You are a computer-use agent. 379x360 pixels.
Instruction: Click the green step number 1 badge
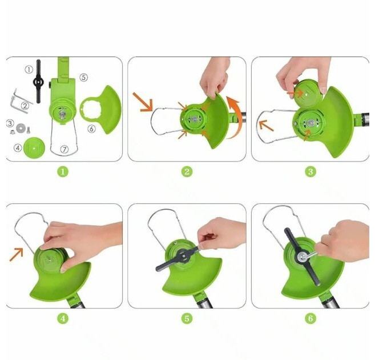63,172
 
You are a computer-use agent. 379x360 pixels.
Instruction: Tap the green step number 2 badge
187,172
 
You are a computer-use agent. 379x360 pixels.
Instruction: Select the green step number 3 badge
311,172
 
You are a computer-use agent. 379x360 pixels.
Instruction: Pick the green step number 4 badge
63,318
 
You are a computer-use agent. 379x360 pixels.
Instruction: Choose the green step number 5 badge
187,318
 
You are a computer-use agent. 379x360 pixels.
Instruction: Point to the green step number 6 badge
311,318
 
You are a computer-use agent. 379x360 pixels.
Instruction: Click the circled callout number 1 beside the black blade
29,70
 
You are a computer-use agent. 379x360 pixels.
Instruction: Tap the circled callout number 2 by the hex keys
25,106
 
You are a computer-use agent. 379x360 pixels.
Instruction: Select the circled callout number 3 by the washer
10,123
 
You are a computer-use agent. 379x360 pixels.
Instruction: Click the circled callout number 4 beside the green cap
18,148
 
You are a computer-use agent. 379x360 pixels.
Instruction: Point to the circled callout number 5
84,77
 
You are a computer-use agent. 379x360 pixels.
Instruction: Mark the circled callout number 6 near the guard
91,129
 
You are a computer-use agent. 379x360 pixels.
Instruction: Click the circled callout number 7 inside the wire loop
64,149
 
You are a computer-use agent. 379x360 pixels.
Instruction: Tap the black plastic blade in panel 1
38,82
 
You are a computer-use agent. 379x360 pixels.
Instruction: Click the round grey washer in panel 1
21,127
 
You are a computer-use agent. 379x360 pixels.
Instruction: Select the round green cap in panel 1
34,148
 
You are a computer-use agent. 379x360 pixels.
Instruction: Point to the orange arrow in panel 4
17,254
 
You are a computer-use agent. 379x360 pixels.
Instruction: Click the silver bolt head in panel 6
303,257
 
